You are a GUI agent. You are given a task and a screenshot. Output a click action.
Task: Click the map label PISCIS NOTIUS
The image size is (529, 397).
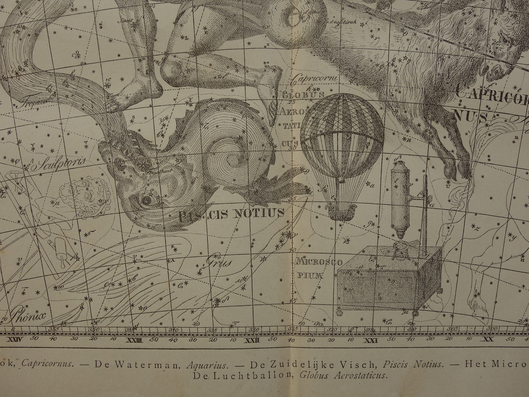point(231,213)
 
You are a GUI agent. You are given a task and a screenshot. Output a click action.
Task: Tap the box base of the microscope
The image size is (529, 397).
point(384,282)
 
